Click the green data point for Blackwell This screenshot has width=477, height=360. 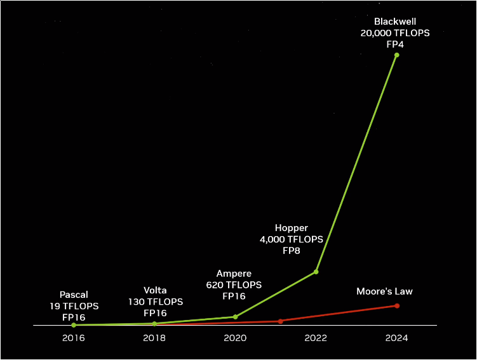coord(396,55)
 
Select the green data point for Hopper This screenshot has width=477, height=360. coord(316,272)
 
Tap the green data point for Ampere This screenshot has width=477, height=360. coord(235,317)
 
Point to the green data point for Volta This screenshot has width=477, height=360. coord(154,324)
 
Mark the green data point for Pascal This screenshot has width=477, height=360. coord(74,325)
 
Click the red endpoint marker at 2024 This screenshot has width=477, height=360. coord(396,305)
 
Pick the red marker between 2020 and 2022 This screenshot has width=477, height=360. coord(280,321)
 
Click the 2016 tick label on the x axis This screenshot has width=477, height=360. coord(74,338)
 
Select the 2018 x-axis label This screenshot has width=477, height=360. coord(154,338)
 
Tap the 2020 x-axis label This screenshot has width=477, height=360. coord(235,338)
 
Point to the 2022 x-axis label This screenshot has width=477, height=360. coord(316,338)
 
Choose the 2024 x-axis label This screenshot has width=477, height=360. coord(396,338)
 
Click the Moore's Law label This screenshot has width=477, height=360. coord(384,291)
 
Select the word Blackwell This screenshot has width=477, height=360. coord(395,21)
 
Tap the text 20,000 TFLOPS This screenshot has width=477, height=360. coord(395,33)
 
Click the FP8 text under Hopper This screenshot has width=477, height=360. coord(291,251)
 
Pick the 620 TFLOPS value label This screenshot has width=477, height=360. coord(234,285)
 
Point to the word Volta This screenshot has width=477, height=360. coord(156,290)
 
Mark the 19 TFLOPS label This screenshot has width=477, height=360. coord(74,305)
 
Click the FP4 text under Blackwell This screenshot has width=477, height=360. coord(395,44)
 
